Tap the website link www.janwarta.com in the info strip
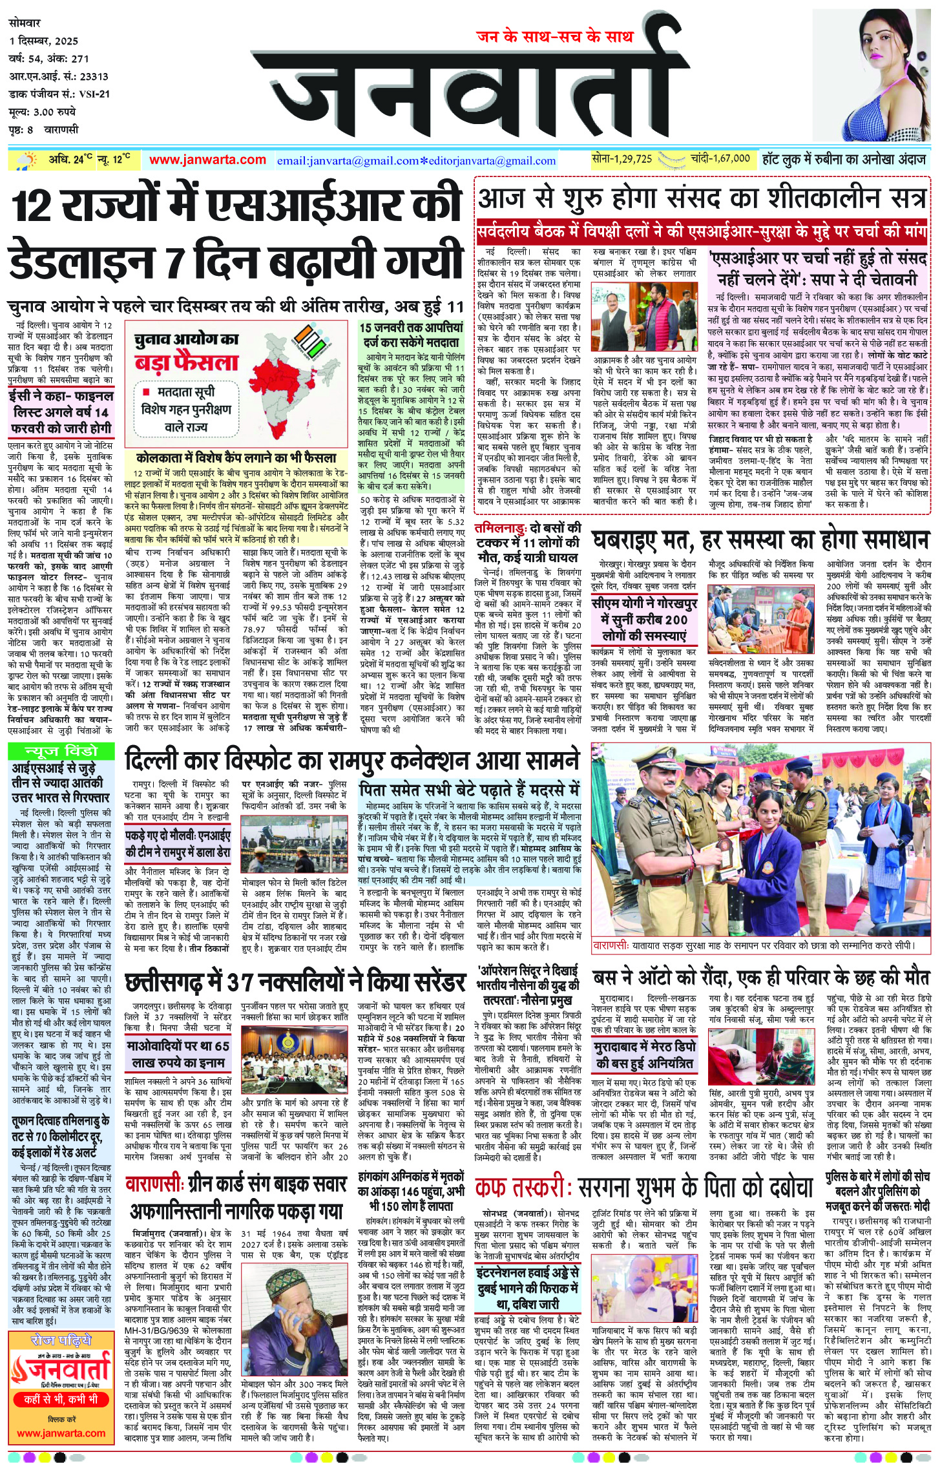pos(207,160)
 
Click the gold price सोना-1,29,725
pos(621,158)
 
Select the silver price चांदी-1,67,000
pos(719,158)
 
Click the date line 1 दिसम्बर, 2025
pos(44,41)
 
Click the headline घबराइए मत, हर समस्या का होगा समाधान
pos(760,540)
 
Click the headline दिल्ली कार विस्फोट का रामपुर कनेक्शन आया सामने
pos(352,761)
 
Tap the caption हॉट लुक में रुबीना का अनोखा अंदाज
pos(844,159)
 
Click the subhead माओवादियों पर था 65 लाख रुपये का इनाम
pos(178,1054)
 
